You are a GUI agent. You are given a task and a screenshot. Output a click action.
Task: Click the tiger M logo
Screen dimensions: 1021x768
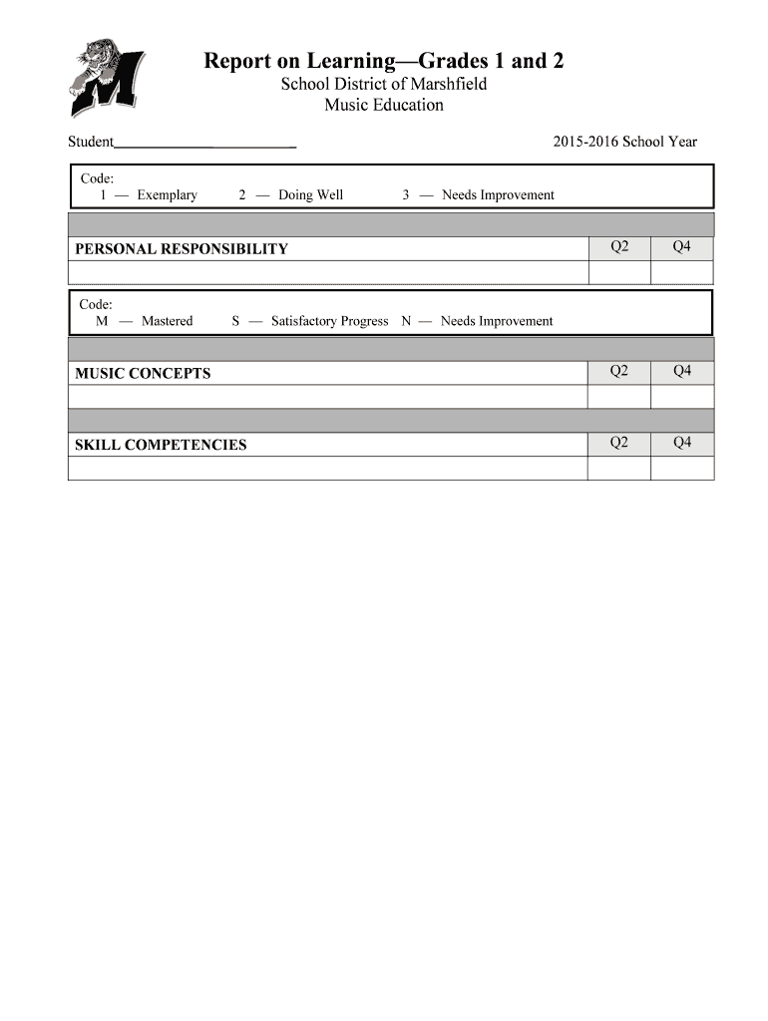[105, 77]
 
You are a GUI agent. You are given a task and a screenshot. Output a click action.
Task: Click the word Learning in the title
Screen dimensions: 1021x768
[323, 61]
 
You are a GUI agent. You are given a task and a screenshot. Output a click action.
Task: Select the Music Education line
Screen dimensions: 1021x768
[384, 105]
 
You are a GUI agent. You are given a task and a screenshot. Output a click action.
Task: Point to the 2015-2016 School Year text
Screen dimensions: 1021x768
[624, 142]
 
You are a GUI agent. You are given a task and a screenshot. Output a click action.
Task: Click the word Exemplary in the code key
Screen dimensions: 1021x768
[168, 194]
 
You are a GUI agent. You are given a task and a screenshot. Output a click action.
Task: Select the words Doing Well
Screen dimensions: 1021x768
[310, 194]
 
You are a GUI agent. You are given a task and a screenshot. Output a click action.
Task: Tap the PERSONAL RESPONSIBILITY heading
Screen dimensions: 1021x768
[182, 249]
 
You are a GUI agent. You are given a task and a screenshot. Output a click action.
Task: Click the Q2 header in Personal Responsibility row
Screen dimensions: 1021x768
[619, 246]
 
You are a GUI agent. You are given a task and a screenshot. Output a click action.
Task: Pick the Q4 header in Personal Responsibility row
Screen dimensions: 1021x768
[682, 246]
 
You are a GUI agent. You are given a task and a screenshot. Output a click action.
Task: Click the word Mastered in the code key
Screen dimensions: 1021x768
[168, 321]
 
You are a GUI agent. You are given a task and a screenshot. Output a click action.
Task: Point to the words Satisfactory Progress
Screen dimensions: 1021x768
[329, 321]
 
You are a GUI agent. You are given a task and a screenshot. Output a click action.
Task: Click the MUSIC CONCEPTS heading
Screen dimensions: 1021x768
[143, 374]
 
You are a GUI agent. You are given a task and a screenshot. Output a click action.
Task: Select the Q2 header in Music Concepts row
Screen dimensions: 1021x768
[619, 371]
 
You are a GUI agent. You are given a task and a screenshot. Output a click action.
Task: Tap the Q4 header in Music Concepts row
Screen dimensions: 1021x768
[682, 371]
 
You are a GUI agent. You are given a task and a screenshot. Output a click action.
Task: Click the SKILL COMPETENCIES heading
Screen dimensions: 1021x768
[161, 445]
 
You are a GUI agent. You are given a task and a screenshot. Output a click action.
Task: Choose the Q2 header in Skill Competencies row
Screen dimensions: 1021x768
[619, 442]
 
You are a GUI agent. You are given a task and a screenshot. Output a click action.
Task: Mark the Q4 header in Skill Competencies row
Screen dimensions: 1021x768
[682, 442]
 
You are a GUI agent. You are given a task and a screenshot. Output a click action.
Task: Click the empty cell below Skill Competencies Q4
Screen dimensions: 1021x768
[682, 468]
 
